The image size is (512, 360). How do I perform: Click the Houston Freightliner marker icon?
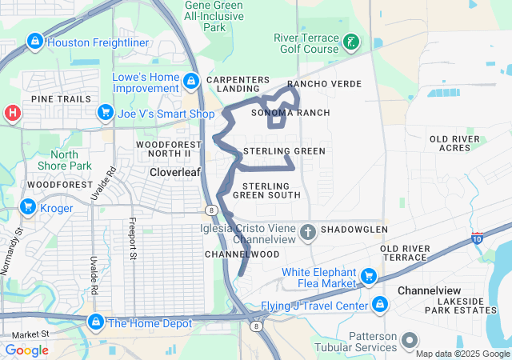pos(34,41)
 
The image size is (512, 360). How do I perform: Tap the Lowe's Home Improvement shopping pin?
pos(190,81)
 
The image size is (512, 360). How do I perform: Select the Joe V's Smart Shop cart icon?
pos(104,114)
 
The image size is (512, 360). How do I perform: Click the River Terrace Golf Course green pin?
pos(351,42)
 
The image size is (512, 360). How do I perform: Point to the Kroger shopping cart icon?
pos(28,208)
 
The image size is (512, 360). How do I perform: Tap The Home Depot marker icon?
pos(95,322)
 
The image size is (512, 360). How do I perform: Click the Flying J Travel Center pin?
pos(380,305)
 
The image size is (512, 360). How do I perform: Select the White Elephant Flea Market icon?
pos(369,277)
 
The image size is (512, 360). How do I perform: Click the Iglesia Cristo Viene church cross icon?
pos(308,233)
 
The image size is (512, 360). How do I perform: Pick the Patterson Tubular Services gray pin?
pos(410,340)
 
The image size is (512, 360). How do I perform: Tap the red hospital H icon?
pos(12,113)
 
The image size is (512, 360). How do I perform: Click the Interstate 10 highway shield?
pos(478,238)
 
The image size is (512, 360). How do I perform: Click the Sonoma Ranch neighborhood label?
pos(290,113)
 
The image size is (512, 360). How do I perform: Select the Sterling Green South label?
pos(266,190)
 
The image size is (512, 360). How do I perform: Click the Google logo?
pos(26,350)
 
